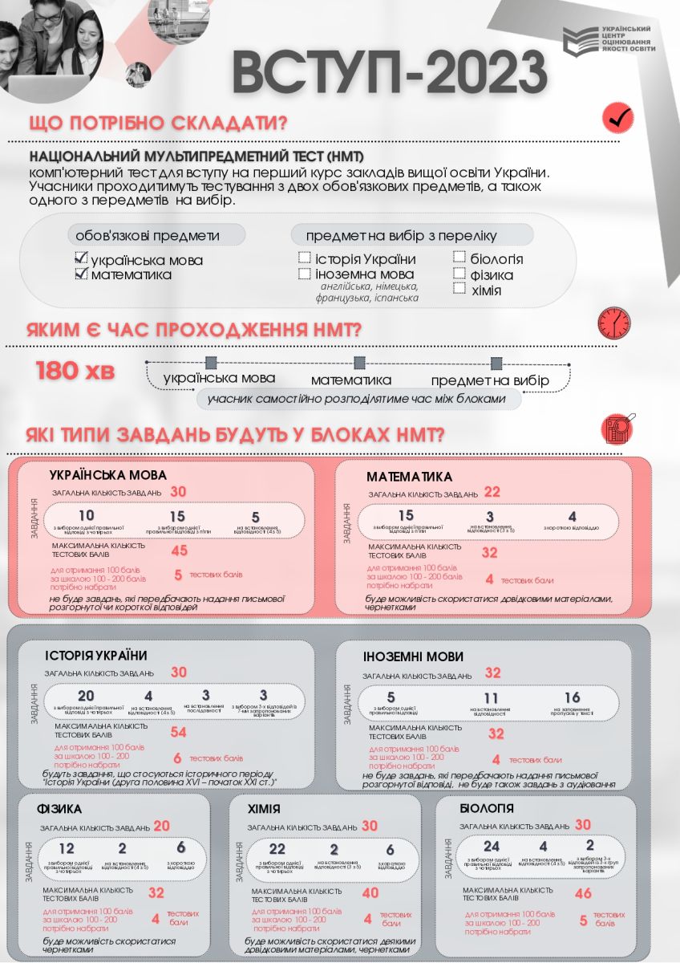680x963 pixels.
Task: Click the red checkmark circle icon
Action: (x=617, y=118)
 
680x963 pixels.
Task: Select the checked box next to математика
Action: (x=80, y=274)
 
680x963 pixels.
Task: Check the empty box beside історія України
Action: (x=305, y=258)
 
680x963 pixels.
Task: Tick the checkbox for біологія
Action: (x=459, y=258)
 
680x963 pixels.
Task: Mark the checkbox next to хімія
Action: (x=459, y=289)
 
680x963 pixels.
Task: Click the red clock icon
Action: (x=614, y=323)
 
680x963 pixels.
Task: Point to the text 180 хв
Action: (x=75, y=372)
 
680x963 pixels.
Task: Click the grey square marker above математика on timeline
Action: (x=360, y=363)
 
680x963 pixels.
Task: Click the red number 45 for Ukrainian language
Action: (x=179, y=550)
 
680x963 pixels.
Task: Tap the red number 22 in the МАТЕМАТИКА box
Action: (x=492, y=492)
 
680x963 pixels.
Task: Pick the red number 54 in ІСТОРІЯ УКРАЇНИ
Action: (x=178, y=732)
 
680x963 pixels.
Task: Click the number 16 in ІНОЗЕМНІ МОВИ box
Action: (x=572, y=697)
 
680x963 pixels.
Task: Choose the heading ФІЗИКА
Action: (x=59, y=808)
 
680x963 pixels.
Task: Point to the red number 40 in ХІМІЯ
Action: (x=370, y=892)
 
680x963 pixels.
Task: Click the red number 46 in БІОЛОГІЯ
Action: (x=583, y=893)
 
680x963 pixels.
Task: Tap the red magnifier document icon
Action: (x=618, y=429)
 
